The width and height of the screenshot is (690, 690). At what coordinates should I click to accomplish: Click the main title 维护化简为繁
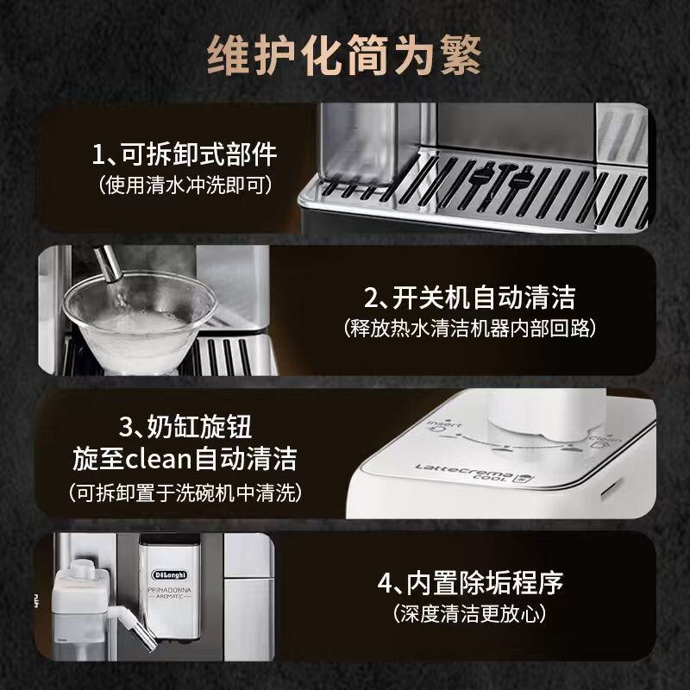point(344,55)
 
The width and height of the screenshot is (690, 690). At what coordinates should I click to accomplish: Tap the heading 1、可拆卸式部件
point(185,154)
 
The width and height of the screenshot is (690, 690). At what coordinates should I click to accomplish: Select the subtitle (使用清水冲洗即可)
point(185,185)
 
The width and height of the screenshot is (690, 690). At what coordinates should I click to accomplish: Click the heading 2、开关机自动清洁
point(469,298)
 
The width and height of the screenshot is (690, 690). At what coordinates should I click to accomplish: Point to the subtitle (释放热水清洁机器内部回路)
point(469,329)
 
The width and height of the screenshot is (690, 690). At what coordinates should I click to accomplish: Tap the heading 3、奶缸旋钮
point(185,426)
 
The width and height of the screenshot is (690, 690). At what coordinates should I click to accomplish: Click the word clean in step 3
point(159,459)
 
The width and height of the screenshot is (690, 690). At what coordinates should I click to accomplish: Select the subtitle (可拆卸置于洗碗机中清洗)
point(185,492)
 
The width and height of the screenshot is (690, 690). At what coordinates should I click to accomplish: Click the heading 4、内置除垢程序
point(470,583)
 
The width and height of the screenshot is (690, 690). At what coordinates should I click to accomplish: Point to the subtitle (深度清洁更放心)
point(470,613)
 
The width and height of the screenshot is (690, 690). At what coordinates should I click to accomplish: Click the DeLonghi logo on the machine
point(170,574)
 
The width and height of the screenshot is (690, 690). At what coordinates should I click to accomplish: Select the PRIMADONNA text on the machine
point(170,589)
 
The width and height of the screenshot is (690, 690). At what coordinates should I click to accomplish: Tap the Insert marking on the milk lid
point(444,425)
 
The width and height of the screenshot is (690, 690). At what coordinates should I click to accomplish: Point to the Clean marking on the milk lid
point(605,439)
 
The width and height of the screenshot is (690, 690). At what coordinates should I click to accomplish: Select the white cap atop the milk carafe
point(82,570)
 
